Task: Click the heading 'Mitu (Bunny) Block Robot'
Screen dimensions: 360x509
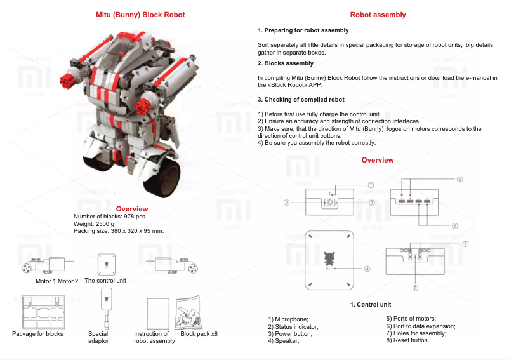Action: click(140, 15)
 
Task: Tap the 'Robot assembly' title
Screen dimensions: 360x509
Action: click(378, 15)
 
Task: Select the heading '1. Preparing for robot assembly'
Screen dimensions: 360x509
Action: click(303, 30)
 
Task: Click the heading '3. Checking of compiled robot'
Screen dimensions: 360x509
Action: click(301, 100)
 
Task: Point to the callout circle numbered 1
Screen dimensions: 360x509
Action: click(371, 185)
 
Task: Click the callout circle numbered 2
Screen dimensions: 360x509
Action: click(287, 203)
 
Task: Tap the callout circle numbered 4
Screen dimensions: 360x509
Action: click(367, 269)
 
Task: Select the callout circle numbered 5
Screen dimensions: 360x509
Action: click(459, 180)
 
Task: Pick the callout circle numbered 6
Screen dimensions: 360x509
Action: click(455, 225)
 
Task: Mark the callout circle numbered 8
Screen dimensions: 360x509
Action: click(416, 288)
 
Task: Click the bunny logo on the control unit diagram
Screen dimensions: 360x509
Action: click(329, 260)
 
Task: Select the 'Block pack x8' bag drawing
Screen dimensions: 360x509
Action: click(190, 311)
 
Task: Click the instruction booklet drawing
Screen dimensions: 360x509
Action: click(155, 312)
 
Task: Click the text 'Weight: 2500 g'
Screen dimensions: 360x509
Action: click(94, 223)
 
